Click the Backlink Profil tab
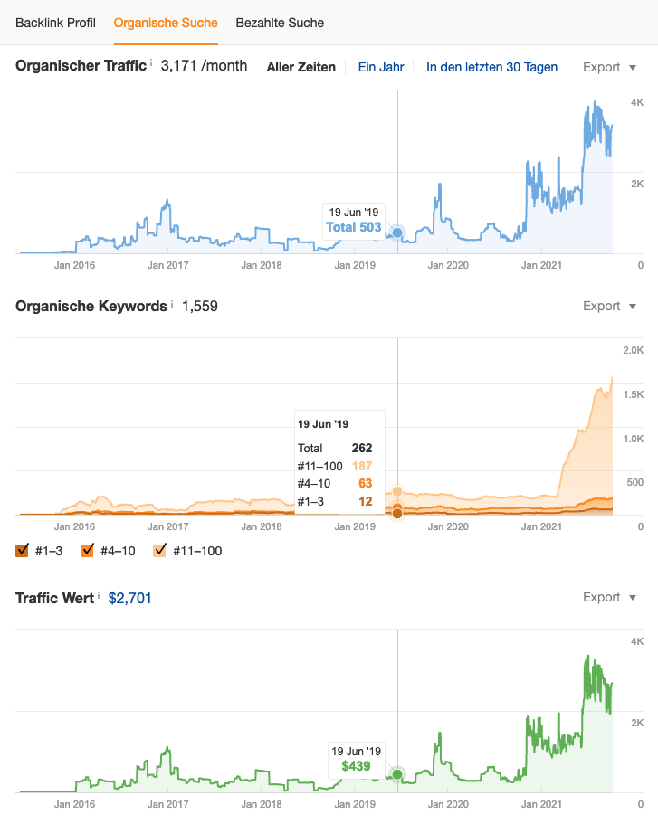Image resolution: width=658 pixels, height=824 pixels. tap(55, 22)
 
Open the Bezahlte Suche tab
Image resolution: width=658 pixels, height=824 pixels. tap(280, 22)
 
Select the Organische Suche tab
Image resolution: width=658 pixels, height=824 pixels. tap(166, 22)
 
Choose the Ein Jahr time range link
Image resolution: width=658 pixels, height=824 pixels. tap(380, 67)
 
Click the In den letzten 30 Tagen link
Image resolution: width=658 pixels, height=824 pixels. tap(491, 67)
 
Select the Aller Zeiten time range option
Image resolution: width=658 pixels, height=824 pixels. tap(300, 67)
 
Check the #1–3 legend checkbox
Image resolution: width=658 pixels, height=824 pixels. tap(23, 550)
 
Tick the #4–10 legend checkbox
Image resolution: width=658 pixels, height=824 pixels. tap(88, 550)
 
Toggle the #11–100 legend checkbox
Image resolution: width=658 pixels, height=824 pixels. tap(160, 550)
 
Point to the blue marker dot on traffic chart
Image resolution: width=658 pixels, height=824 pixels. tap(397, 233)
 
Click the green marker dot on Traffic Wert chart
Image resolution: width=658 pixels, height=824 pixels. tap(397, 774)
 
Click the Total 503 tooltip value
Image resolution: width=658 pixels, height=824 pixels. tap(354, 227)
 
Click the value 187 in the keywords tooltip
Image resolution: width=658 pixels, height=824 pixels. tap(362, 466)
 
